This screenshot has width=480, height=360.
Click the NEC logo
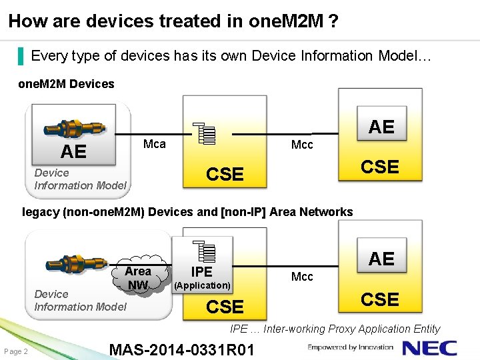tap(430, 348)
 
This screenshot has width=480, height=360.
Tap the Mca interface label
tap(155, 144)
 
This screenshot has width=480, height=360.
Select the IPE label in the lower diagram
tap(201, 271)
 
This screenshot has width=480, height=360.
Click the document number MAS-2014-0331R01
tap(181, 349)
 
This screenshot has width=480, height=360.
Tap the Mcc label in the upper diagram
tap(302, 145)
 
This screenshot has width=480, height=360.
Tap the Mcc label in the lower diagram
tap(302, 277)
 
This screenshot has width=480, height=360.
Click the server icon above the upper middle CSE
tap(205, 134)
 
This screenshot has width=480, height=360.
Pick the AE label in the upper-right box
tap(381, 127)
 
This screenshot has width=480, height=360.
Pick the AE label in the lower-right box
tap(381, 259)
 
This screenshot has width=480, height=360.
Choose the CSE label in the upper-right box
tap(380, 167)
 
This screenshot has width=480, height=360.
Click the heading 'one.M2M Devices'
tap(66, 84)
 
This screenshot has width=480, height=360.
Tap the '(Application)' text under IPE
tap(202, 285)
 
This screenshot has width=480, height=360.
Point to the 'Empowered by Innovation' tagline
tap(351, 347)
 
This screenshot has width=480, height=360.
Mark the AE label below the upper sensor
tap(73, 152)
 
